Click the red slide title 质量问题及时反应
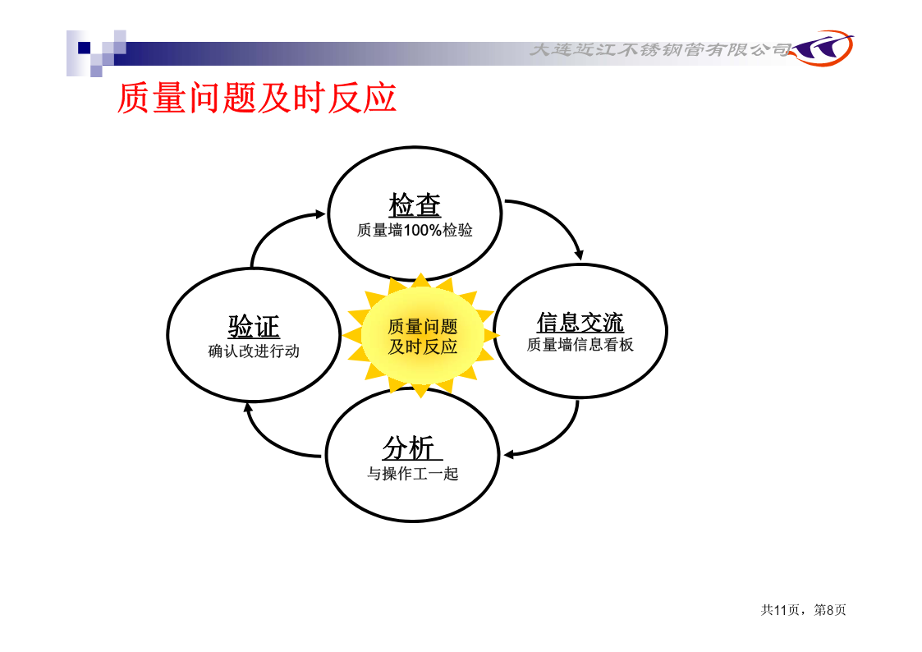(257, 98)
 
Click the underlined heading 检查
(415, 205)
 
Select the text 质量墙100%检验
(415, 230)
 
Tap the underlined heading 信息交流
(580, 322)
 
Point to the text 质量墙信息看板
(580, 345)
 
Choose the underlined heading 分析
(410, 448)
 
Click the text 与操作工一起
(413, 473)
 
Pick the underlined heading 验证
(254, 326)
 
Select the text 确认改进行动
(254, 351)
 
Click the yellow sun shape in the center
(420, 335)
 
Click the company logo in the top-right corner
(823, 48)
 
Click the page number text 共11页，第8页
(803, 610)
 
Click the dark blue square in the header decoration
(85, 48)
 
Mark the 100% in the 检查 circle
(423, 230)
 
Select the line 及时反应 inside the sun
(423, 347)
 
